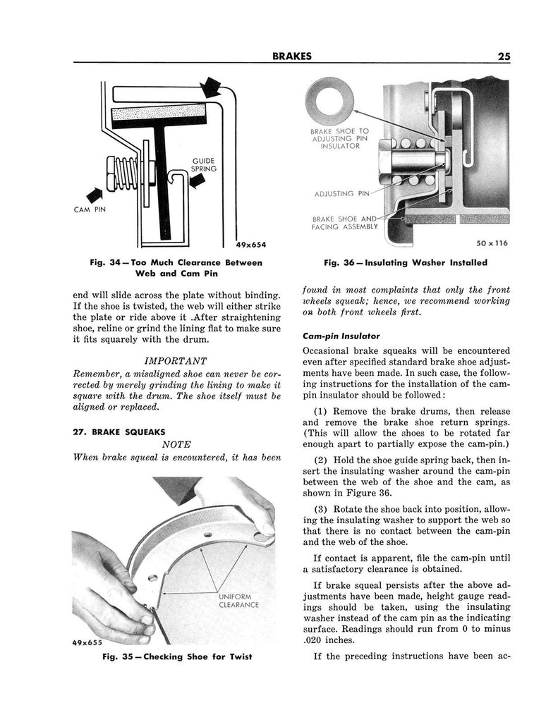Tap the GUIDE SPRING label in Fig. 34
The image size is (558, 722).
point(204,165)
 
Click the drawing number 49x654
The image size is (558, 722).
point(251,245)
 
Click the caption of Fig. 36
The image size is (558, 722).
point(405,263)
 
